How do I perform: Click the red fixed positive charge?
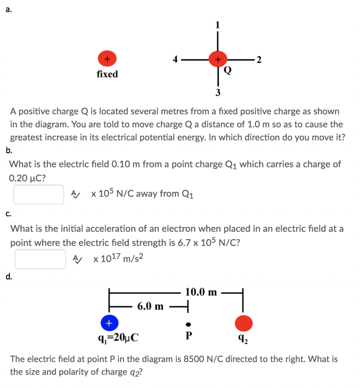[x=107, y=59]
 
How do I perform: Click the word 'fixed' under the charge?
[x=107, y=74]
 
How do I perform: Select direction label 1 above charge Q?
[x=217, y=26]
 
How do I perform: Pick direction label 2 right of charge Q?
[x=259, y=59]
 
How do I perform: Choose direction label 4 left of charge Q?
[x=175, y=59]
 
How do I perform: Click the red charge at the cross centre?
[x=217, y=59]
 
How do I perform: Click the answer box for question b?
[x=39, y=194]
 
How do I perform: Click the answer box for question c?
[x=40, y=259]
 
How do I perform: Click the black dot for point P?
[x=188, y=324]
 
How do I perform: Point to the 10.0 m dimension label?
[x=201, y=292]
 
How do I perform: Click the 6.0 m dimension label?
[x=150, y=306]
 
